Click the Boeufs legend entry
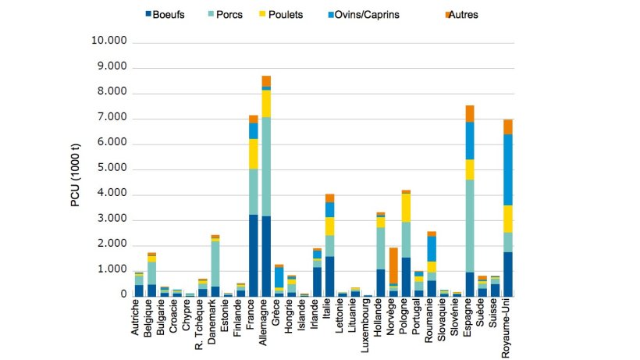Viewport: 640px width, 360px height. (169, 15)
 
